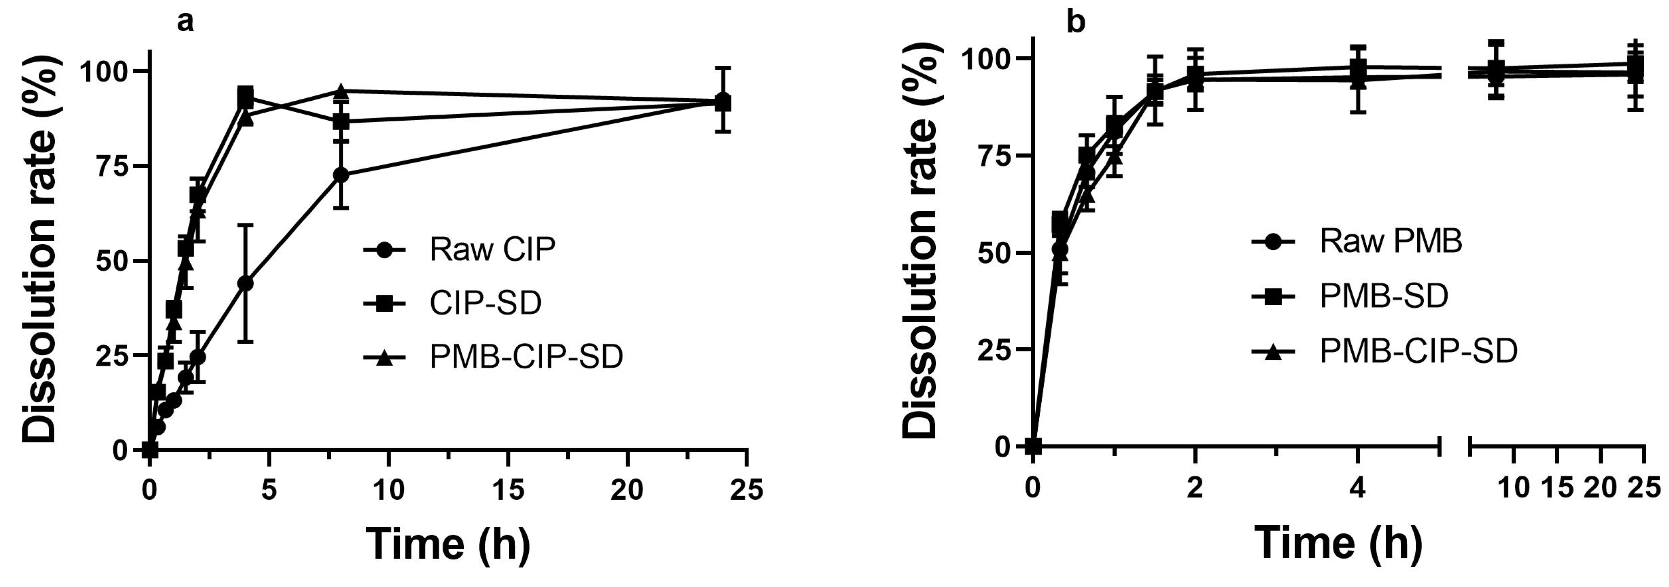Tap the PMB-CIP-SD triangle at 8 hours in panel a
point(341,92)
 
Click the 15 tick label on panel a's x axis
point(509,490)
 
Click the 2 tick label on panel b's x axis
point(1195,488)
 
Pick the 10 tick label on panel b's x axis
point(1513,488)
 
